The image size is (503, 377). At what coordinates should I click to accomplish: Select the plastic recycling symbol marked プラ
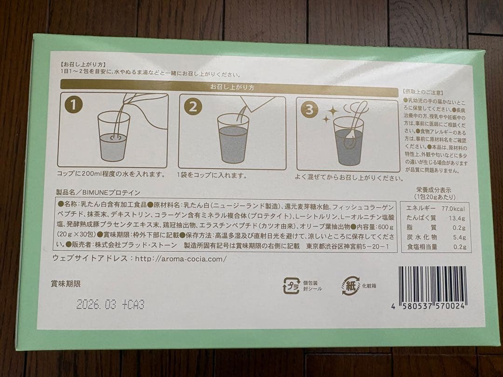pos(291,285)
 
